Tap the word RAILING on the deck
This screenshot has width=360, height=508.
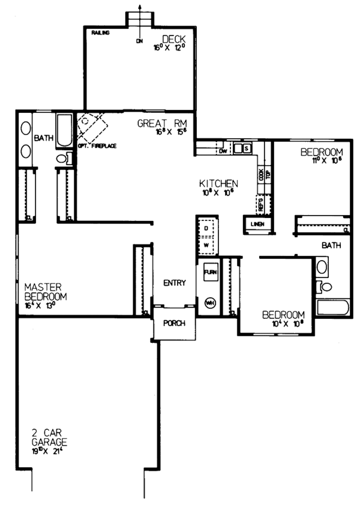point(101,33)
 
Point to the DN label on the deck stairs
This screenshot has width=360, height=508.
point(139,41)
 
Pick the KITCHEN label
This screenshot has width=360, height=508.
point(220,183)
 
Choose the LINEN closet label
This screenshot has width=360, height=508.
point(257,225)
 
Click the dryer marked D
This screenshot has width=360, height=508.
point(206,229)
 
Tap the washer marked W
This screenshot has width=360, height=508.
point(206,245)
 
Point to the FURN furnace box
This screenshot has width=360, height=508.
point(210,272)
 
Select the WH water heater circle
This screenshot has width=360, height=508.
point(210,302)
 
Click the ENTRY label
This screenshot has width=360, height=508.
point(174,283)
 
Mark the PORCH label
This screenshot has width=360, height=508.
point(174,323)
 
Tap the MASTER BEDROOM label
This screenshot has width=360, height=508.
point(45,292)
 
